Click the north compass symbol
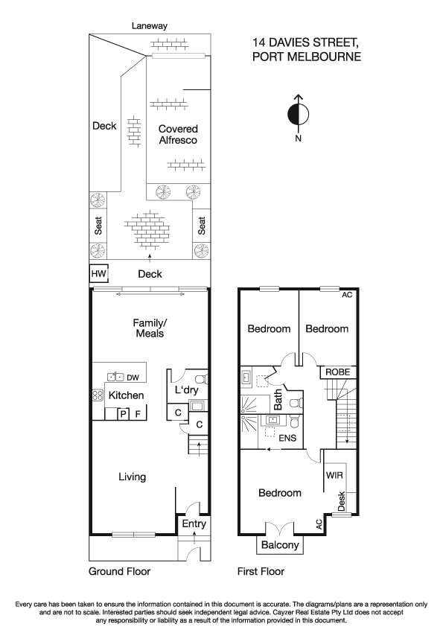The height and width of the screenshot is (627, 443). pos(298,115)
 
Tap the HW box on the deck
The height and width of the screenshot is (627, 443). pos(99,274)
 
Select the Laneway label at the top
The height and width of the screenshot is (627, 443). pos(150,25)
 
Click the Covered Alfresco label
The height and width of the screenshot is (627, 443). pos(178,134)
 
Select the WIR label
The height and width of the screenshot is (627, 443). pos(333,474)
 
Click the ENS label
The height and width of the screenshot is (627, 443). pos(287,438)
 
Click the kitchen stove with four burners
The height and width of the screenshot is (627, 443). pos(97,395)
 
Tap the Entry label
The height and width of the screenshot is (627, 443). pos(194,524)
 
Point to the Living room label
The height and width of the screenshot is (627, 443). pos(131,477)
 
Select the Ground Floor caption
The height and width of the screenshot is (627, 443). pos(119,572)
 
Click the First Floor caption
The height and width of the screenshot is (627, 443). pos(261,572)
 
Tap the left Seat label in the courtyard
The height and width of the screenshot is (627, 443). pos(98,225)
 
